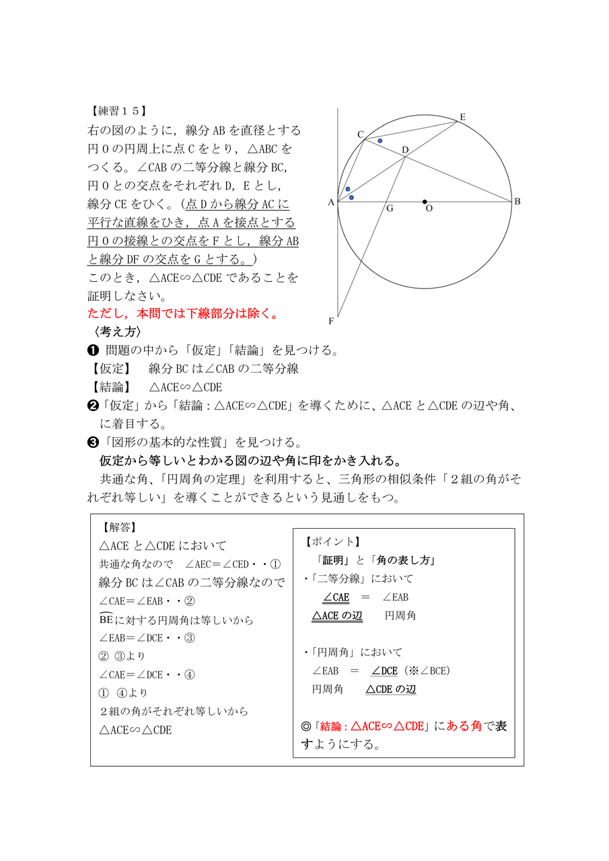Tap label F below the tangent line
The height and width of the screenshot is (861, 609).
coord(331,322)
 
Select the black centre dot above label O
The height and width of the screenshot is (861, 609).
coord(425,201)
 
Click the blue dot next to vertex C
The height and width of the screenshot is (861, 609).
coord(380,141)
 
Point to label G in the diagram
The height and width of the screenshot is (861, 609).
coord(390,209)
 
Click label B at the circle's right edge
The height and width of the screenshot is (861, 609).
coord(517,201)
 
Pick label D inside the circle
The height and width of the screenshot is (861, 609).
coord(405,149)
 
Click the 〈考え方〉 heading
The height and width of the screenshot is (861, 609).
coord(114,332)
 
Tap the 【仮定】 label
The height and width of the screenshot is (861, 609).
coord(110,369)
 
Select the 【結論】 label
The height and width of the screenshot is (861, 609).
coord(110,387)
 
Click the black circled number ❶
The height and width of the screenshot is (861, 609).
coord(94,350)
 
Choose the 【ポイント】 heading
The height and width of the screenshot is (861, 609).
coord(332,541)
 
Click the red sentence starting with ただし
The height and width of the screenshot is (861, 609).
coord(182,313)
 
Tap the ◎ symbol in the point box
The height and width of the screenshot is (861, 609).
coord(307,726)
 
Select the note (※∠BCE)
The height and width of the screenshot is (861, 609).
coord(427,671)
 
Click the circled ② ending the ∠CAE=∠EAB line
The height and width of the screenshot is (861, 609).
coord(190,601)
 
